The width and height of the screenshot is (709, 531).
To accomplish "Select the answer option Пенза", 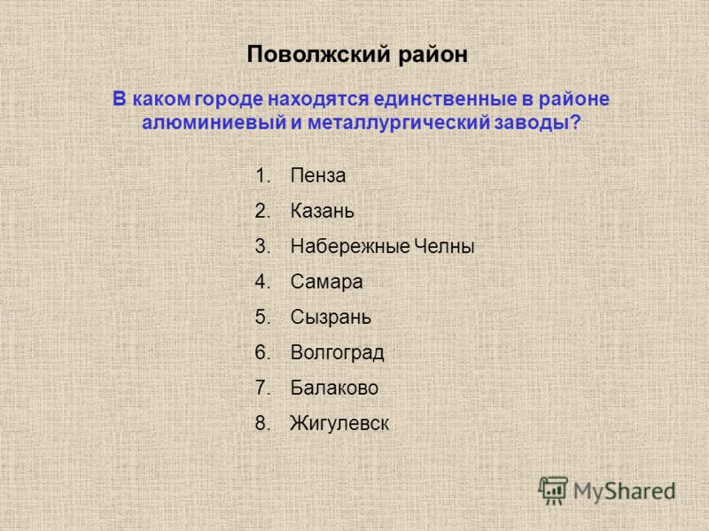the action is coord(318,175).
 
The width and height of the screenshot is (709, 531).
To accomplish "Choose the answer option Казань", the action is coord(322,211).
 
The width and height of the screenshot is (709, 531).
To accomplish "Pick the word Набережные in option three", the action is coord(350,247).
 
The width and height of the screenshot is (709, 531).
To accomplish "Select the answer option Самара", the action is coord(326,282).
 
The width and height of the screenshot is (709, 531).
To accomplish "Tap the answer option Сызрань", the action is coord(331,318).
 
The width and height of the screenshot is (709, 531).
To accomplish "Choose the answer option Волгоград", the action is coord(338,352).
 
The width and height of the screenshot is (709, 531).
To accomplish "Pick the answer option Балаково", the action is coord(334,388).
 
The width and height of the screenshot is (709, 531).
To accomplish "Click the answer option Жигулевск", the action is coord(339,424).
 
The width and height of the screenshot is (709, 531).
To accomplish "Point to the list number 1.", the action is coord(262,175).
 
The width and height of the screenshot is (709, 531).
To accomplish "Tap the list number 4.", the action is coord(262,282).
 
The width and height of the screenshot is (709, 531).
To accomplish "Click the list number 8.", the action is coord(262,424).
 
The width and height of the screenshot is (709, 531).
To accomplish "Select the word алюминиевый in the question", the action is coord(214,123).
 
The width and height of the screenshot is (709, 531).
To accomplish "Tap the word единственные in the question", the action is coord(445,99).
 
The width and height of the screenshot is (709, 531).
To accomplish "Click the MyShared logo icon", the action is coord(552,491).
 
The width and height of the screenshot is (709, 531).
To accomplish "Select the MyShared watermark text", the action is coord(625,491).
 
